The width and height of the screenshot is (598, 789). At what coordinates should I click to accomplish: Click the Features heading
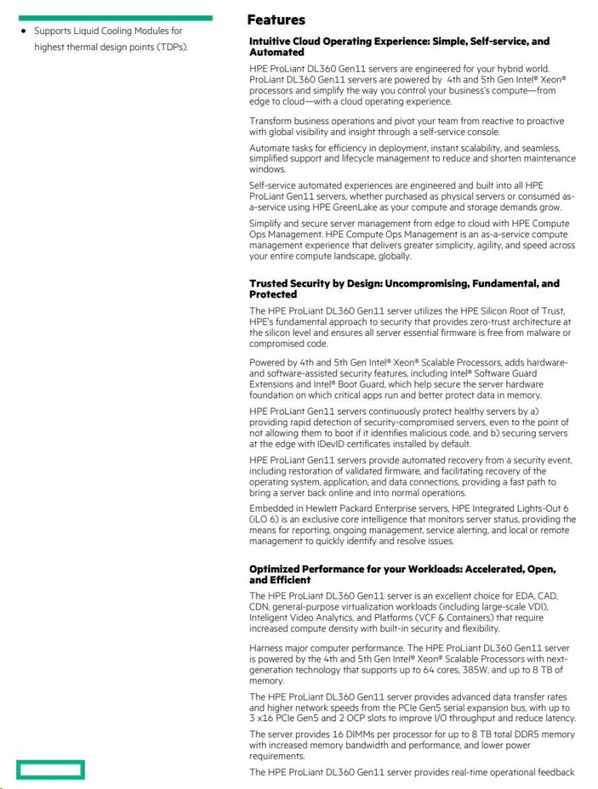[276, 20]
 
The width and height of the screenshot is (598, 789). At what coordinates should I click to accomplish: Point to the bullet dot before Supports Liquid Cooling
[23, 32]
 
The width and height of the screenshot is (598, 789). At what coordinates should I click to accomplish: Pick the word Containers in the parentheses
[455, 617]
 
